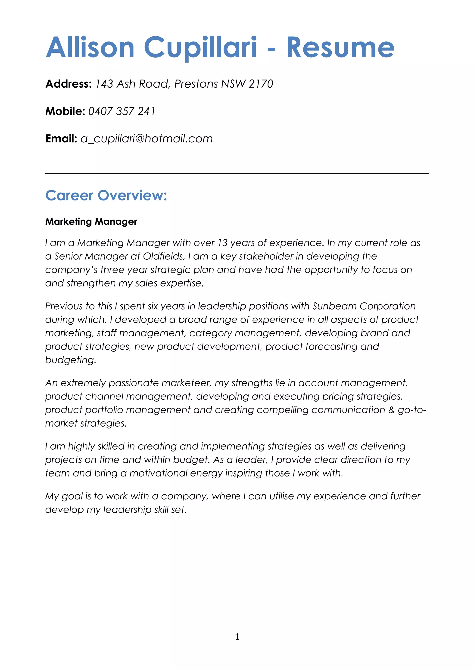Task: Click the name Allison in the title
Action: (90, 48)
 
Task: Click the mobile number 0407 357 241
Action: (122, 111)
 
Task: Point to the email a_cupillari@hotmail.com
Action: (147, 139)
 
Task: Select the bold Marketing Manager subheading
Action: (91, 222)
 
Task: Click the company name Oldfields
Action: (164, 256)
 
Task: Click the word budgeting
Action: (70, 360)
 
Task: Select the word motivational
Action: (158, 473)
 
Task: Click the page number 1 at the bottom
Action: (237, 636)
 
